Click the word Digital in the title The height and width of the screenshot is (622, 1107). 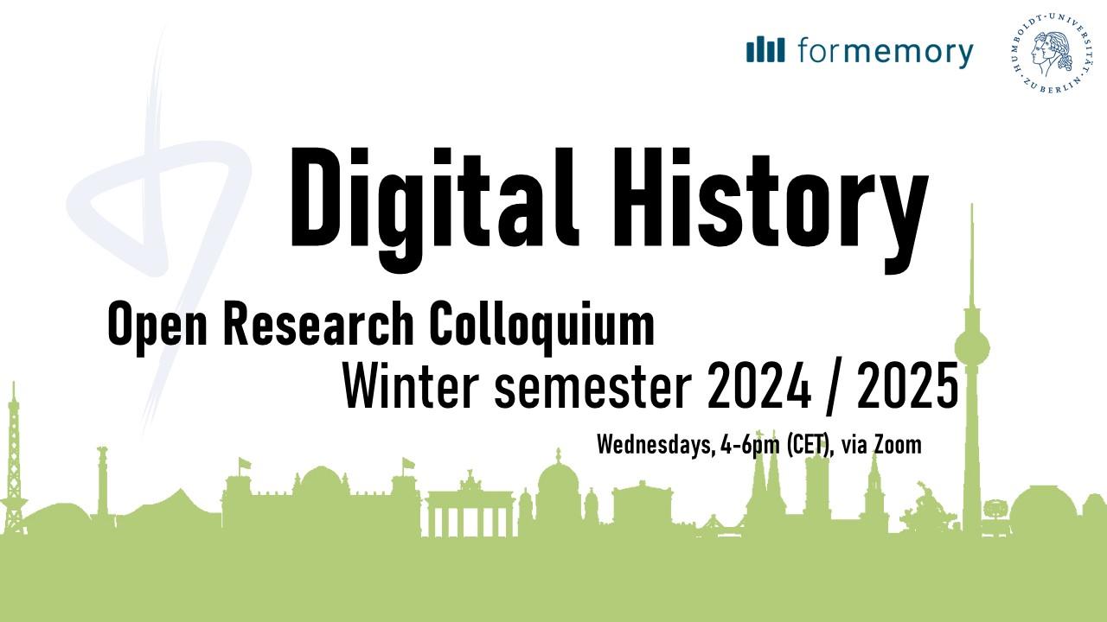point(434,207)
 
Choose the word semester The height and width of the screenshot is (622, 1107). point(593,388)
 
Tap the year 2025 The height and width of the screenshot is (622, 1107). point(907,386)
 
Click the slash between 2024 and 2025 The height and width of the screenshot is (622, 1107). point(834,388)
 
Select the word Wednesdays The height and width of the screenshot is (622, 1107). point(656,445)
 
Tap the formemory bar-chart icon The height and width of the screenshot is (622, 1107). point(765,49)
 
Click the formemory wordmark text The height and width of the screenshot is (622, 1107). point(886,51)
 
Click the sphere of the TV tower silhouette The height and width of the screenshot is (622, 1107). point(971,348)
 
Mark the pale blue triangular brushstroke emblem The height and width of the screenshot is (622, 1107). point(158,207)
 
